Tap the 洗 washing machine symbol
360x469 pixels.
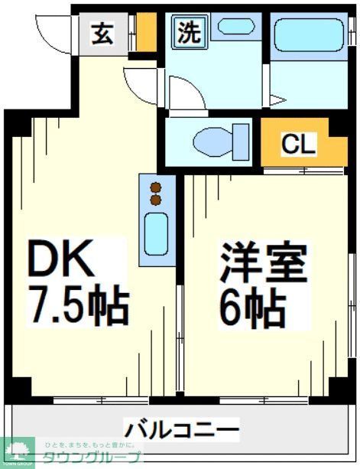tap(187, 32)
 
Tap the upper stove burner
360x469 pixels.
tap(157, 187)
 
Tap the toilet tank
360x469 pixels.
tap(244, 142)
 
